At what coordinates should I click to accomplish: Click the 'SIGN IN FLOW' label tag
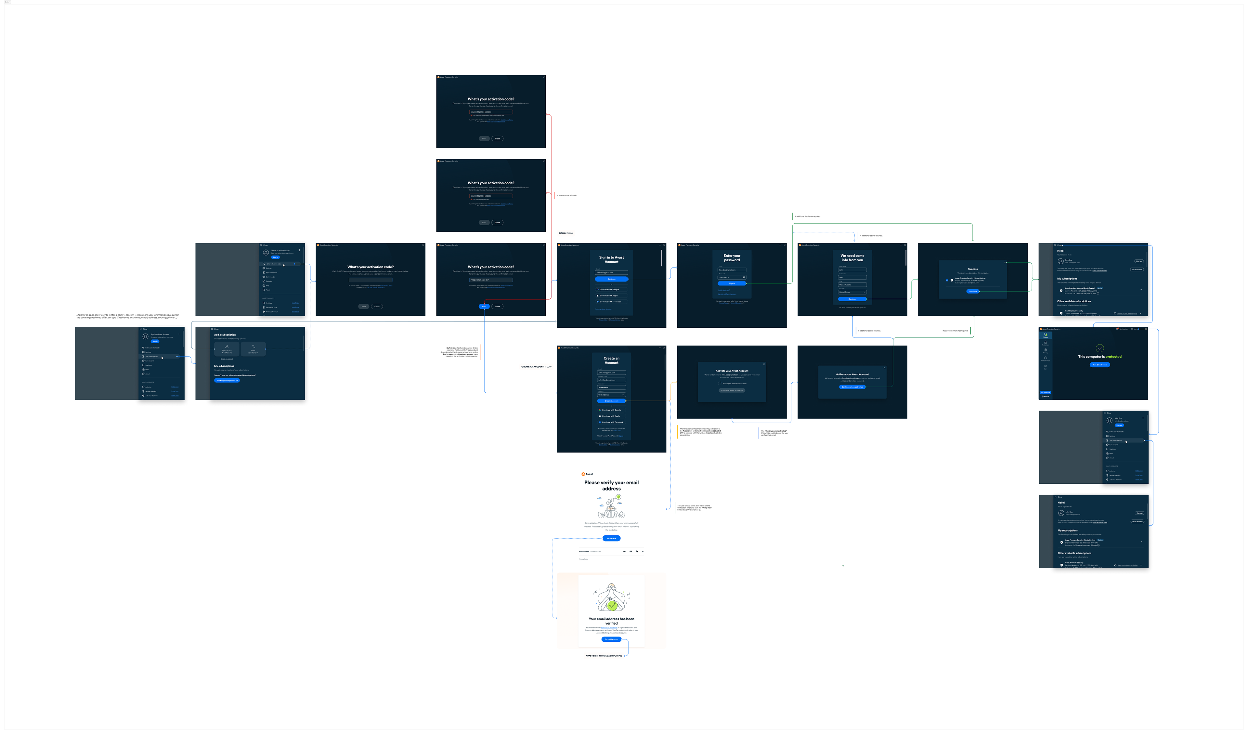[x=565, y=233]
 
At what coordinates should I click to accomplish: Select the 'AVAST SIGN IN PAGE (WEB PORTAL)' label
[x=604, y=656]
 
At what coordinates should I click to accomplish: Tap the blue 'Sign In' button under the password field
[x=732, y=283]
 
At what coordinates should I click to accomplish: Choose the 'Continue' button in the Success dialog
[x=973, y=291]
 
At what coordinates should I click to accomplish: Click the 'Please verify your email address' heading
[x=611, y=485]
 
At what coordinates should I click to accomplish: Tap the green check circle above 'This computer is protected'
[x=1099, y=348]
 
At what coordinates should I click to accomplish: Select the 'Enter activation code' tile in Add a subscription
[x=253, y=349]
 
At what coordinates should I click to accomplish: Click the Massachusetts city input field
[x=852, y=285]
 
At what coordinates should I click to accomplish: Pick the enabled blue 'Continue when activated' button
[x=852, y=387]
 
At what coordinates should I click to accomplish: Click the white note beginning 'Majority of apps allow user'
[x=130, y=316]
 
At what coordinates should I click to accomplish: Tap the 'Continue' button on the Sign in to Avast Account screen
[x=611, y=279]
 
